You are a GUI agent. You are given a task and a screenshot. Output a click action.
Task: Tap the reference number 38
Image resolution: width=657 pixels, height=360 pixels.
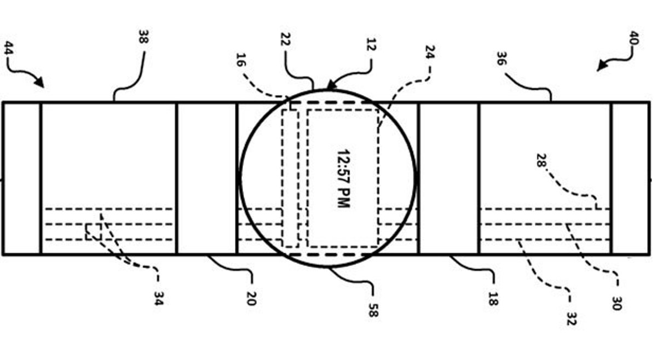(144, 38)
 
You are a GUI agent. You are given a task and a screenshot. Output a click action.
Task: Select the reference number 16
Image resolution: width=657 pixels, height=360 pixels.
(241, 60)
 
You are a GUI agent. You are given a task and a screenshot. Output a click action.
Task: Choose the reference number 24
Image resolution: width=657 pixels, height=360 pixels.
(430, 52)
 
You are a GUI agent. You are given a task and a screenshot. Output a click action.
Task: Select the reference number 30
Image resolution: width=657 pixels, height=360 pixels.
(616, 303)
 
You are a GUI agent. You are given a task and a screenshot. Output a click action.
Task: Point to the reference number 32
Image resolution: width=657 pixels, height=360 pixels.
(571, 318)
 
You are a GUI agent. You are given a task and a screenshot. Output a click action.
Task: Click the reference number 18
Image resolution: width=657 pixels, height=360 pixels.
(492, 298)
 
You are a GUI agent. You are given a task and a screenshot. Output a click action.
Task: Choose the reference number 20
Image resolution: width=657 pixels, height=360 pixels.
(250, 298)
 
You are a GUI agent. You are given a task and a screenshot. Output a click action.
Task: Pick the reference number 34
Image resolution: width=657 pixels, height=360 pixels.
(158, 298)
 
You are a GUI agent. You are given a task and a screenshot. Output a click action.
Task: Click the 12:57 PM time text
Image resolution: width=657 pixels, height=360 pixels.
(343, 178)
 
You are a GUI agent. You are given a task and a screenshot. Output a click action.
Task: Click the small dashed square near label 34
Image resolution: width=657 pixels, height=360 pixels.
(93, 231)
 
